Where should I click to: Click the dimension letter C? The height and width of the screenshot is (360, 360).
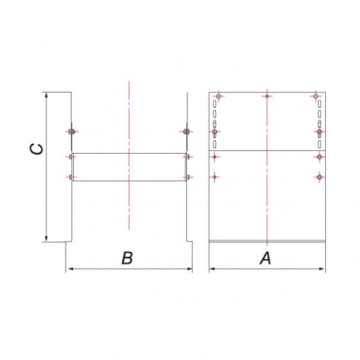37,149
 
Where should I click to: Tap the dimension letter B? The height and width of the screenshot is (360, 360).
127,257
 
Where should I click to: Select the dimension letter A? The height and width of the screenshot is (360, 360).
265,258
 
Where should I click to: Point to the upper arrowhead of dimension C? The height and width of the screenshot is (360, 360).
46,95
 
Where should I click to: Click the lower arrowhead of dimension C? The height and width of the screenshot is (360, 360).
46,238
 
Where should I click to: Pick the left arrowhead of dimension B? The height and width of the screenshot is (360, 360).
70,269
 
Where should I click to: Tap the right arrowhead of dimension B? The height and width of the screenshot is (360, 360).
188,269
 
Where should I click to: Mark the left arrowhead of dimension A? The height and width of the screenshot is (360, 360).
213,269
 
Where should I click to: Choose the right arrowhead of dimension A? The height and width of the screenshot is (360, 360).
321,269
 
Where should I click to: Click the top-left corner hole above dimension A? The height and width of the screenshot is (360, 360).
219,96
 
